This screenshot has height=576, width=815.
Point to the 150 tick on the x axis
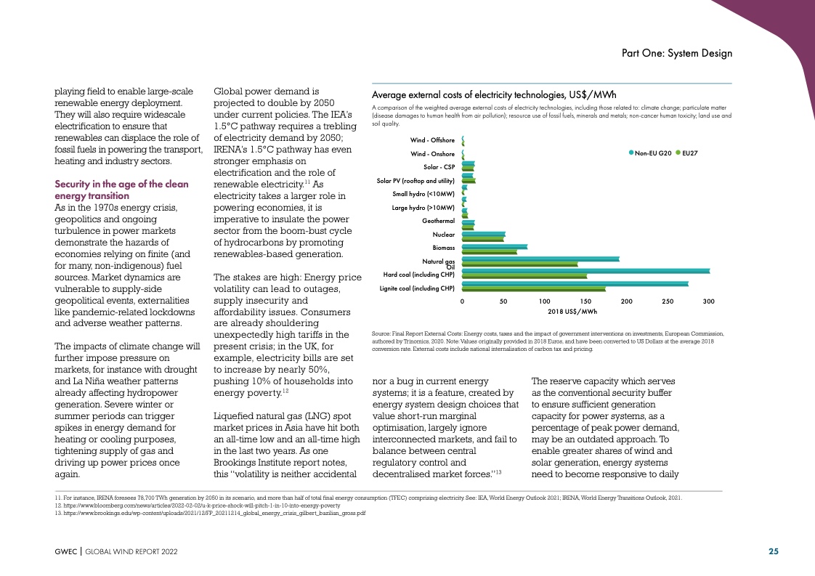pos(585,301)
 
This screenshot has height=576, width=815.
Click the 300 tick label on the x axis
pos(709,301)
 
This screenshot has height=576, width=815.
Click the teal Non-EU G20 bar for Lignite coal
pos(574,283)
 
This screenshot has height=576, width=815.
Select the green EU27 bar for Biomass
pos(489,252)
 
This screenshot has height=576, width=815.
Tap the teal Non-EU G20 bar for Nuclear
pos(483,233)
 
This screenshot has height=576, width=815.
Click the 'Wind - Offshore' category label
pos(432,139)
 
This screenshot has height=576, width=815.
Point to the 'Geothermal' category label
pos(438,221)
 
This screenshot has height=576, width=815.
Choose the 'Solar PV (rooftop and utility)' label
pos(415,180)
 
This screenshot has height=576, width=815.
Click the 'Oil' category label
pos(450,267)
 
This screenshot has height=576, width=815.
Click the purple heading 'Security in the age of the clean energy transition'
pos(121,190)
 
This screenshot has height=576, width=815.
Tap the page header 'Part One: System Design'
pos(676,54)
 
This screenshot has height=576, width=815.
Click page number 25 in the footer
pos(774,551)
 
